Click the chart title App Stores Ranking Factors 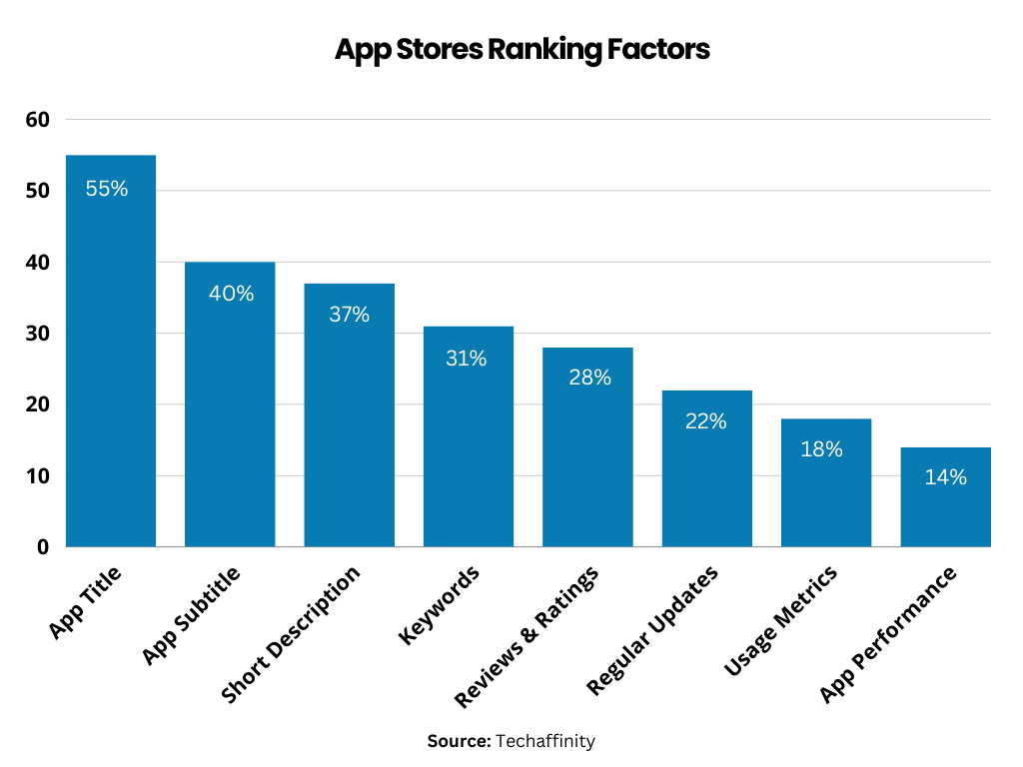pos(521,50)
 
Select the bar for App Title pos(111,380)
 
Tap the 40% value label pos(231,294)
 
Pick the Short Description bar pos(349,429)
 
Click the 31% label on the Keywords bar pos(467,358)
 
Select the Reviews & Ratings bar pos(587,459)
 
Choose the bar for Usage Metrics pos(825,489)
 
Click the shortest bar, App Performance pos(945,509)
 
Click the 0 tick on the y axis pos(43,547)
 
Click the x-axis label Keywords pos(440,603)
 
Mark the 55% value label pos(107,188)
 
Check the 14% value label pos(945,477)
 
